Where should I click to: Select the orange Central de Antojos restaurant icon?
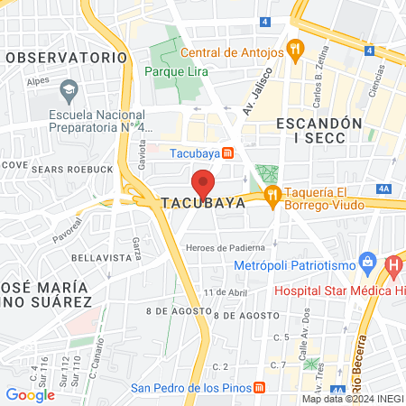(293, 48)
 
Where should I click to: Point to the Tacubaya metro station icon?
(228, 152)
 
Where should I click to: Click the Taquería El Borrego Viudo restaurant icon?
(271, 196)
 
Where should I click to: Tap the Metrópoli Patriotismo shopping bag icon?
(366, 264)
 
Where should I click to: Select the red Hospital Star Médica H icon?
(393, 266)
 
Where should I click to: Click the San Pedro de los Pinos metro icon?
(260, 388)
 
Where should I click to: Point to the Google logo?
(30, 394)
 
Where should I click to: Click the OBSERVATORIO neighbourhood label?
(67, 56)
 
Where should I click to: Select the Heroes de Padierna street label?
(225, 247)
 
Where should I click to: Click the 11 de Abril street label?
(225, 293)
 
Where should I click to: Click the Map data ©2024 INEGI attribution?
(352, 398)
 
